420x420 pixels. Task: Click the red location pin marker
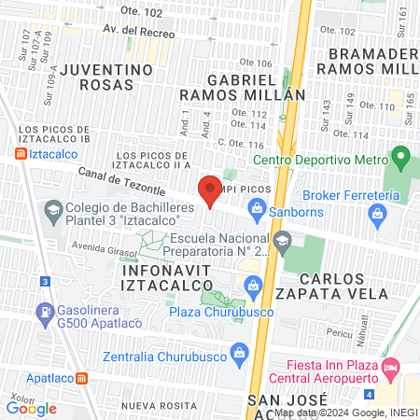coord(210,190)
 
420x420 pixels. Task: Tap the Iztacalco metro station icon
coord(21,153)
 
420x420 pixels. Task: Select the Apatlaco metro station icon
coord(82,379)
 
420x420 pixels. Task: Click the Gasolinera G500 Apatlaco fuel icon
coord(43,311)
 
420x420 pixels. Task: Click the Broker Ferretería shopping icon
coord(377,217)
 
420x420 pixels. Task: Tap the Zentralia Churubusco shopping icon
coord(240,352)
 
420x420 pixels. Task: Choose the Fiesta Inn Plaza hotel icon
coord(390,364)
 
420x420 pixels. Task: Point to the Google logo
coord(32,408)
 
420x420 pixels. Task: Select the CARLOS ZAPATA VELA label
coord(344,286)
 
